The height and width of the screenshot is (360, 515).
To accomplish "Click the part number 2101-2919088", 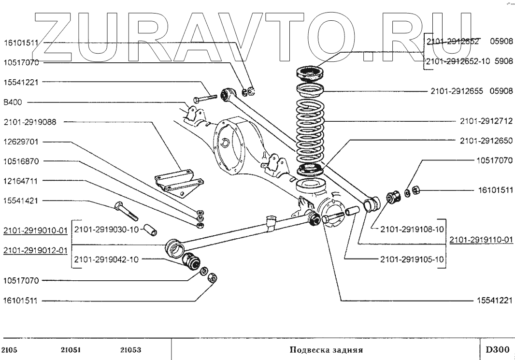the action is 30,122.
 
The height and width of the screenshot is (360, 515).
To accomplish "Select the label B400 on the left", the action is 13,102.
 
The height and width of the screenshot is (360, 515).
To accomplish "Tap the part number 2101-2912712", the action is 486,121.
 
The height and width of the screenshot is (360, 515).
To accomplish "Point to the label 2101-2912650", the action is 486,141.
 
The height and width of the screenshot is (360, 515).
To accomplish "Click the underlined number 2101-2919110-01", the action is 481,240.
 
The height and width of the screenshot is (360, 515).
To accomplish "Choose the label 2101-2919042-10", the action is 106,259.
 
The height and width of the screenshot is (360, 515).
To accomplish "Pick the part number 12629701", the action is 21,142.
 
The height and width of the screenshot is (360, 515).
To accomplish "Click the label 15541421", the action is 21,201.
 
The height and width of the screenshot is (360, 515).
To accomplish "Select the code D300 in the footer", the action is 497,349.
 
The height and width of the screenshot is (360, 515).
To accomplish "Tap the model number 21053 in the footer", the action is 131,350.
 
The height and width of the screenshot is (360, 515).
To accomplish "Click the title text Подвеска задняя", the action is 326,350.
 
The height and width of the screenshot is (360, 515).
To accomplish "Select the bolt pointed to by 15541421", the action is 126,211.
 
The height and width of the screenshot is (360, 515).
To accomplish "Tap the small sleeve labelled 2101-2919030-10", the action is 150,230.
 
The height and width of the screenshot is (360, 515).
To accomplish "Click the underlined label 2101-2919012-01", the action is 35,251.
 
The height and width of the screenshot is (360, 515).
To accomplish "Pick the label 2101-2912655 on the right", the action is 457,91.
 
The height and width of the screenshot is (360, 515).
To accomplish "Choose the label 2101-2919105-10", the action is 412,259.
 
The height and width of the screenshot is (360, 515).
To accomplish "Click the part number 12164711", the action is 21,181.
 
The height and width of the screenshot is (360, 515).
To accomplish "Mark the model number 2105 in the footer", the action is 10,350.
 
